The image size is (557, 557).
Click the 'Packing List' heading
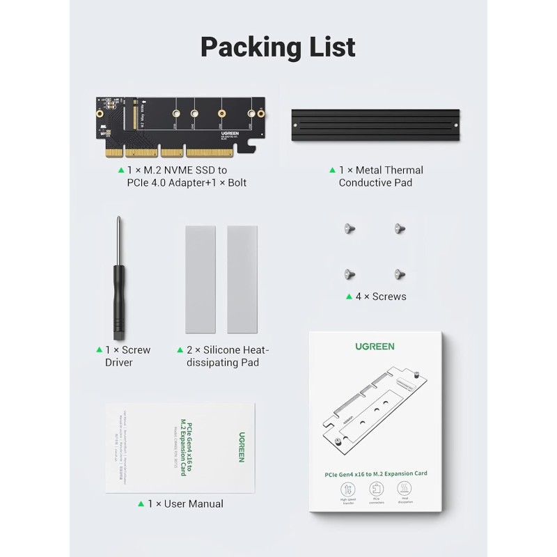pyautogui.click(x=278, y=47)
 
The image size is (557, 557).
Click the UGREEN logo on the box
pyautogui.click(x=375, y=346)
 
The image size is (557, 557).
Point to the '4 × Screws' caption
pyautogui.click(x=380, y=297)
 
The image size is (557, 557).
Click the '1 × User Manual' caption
pyautogui.click(x=185, y=503)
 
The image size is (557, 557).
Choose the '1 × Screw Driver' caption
pyautogui.click(x=127, y=356)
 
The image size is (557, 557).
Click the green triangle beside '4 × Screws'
pyautogui.click(x=349, y=297)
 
